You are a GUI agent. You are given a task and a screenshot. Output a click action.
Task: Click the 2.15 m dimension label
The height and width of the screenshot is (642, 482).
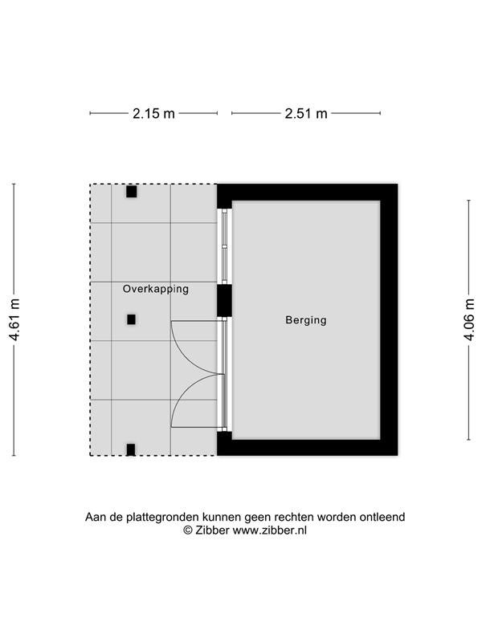click(153, 113)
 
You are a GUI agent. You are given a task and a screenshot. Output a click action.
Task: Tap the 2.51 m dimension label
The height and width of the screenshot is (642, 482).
click(306, 113)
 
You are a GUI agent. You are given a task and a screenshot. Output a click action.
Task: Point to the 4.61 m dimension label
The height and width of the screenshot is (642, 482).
click(14, 319)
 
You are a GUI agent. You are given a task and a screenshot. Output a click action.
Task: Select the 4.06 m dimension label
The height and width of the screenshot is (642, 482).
click(469, 319)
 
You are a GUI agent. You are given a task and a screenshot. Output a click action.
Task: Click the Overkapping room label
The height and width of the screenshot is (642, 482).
click(156, 289)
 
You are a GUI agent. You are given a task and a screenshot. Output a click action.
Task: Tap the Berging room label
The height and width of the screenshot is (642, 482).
click(306, 319)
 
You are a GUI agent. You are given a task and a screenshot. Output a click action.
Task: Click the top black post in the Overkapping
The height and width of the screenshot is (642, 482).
click(131, 192)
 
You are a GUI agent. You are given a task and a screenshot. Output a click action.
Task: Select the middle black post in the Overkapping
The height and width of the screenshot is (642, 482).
click(131, 319)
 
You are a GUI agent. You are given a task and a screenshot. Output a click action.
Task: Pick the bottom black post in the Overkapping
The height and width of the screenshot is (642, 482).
click(131, 449)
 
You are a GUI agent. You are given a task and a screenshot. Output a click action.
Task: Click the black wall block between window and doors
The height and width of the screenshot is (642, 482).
click(224, 301)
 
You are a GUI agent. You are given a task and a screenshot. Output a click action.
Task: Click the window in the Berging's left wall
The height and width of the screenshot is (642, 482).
click(224, 246)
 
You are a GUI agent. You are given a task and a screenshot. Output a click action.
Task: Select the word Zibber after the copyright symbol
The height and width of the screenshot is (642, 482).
click(212, 530)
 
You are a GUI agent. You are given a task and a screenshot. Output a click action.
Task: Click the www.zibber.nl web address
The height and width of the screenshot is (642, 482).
click(270, 530)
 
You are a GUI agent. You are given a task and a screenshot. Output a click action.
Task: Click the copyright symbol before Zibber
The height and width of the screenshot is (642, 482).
click(188, 530)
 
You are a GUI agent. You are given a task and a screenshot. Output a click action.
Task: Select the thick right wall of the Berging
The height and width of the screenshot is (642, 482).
click(389, 319)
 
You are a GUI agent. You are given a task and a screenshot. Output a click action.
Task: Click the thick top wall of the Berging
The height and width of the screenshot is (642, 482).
click(308, 192)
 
